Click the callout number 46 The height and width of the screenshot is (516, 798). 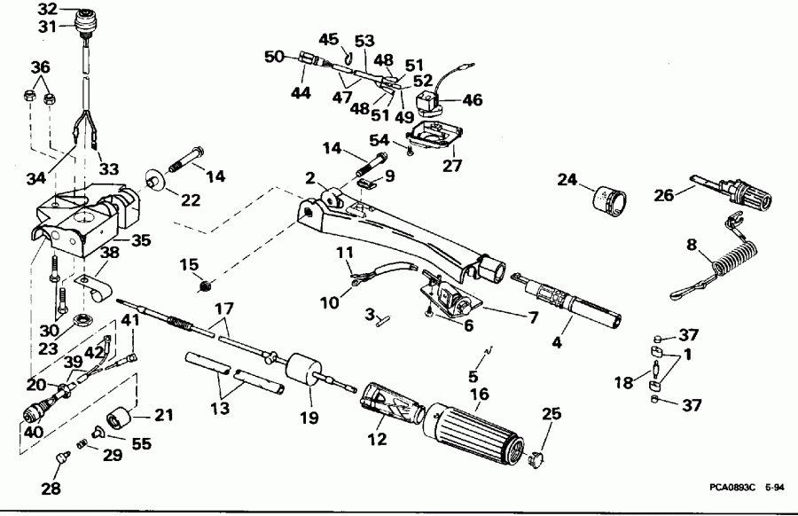[x=473, y=100]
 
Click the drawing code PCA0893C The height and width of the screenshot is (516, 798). [x=732, y=487]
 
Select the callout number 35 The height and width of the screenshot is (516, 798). [x=140, y=239]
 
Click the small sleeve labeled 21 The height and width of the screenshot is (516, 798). [x=120, y=419]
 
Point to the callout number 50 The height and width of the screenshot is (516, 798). [x=274, y=56]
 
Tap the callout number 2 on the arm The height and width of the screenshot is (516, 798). [x=310, y=177]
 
